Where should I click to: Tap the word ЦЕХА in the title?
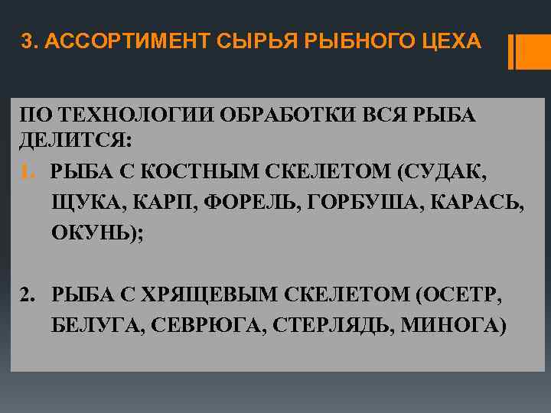coord(455,43)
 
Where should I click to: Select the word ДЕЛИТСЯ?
coord(73,141)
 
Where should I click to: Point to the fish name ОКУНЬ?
coord(93,233)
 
